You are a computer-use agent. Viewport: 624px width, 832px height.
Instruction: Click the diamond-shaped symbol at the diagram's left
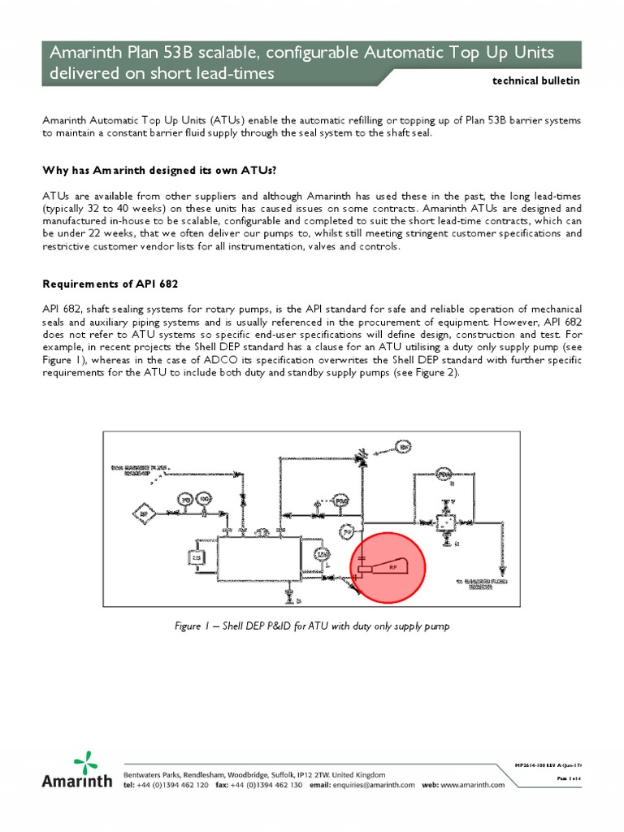[145, 513]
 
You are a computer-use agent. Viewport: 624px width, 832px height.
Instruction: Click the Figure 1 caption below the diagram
[312, 626]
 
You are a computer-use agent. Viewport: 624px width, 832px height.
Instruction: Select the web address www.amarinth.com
[474, 785]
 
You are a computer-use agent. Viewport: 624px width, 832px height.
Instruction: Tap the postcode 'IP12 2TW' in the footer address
[327, 774]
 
